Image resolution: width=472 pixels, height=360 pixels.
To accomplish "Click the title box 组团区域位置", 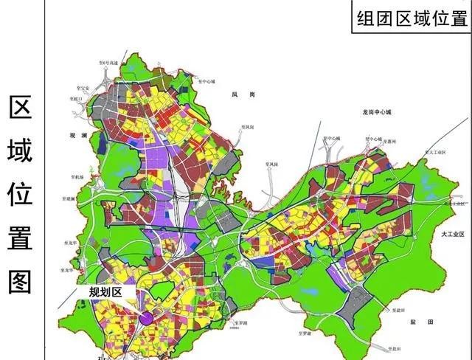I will point(412,18).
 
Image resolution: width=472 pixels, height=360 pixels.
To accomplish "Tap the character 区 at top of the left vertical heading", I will point(20,108).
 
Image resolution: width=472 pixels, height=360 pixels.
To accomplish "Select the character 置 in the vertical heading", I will point(20,238).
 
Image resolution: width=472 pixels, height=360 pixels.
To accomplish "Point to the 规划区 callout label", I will point(104,292).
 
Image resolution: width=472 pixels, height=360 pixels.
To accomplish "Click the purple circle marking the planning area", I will point(147,319).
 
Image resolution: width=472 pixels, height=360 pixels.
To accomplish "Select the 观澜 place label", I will point(78,136).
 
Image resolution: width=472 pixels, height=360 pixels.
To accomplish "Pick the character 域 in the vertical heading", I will point(20,151).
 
